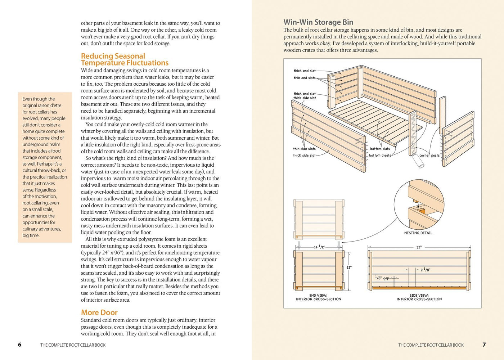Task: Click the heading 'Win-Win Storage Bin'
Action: [x=318, y=22]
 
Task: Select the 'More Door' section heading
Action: [x=99, y=312]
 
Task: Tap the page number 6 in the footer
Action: [x=20, y=345]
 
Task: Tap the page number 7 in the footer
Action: [x=484, y=345]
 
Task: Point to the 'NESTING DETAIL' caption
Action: [x=418, y=233]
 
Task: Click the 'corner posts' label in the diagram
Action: [x=429, y=156]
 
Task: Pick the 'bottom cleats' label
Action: [x=380, y=156]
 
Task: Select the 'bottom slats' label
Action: [x=380, y=149]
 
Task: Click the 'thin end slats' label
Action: [x=305, y=78]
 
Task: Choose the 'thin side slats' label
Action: [x=304, y=149]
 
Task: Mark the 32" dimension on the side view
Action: [x=419, y=247]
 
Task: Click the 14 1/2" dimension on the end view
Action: [x=319, y=247]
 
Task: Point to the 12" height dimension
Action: [x=349, y=267]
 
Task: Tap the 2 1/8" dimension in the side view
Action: [x=425, y=270]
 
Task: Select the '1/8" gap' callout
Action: [x=382, y=278]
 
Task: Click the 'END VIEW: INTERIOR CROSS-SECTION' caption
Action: [x=318, y=297]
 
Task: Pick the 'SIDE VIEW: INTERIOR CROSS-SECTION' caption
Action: [x=419, y=297]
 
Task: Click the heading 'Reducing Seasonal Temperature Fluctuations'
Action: [x=125, y=59]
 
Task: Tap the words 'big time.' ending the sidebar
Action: [x=31, y=235]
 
